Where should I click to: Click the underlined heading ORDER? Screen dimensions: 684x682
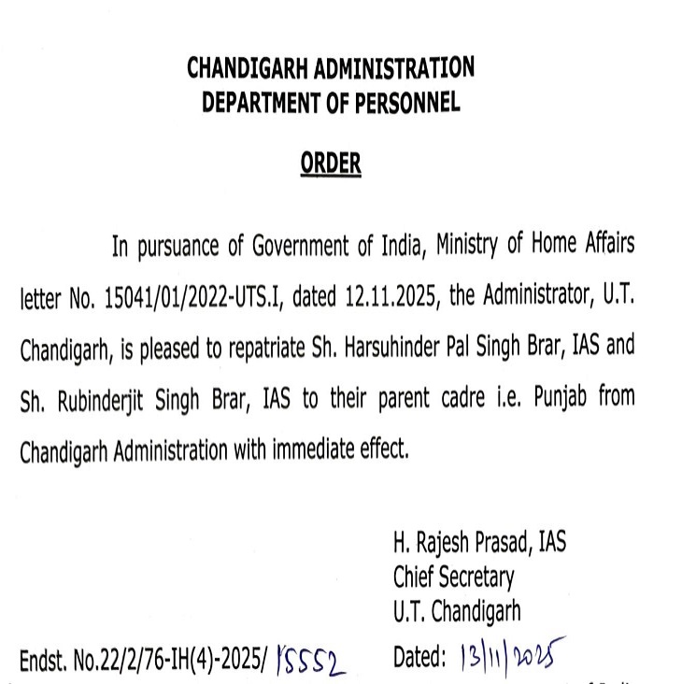(330, 164)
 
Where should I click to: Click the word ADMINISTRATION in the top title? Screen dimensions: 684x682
(396, 68)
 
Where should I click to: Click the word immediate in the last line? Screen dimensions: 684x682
(315, 449)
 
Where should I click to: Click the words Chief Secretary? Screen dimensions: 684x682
(453, 577)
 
